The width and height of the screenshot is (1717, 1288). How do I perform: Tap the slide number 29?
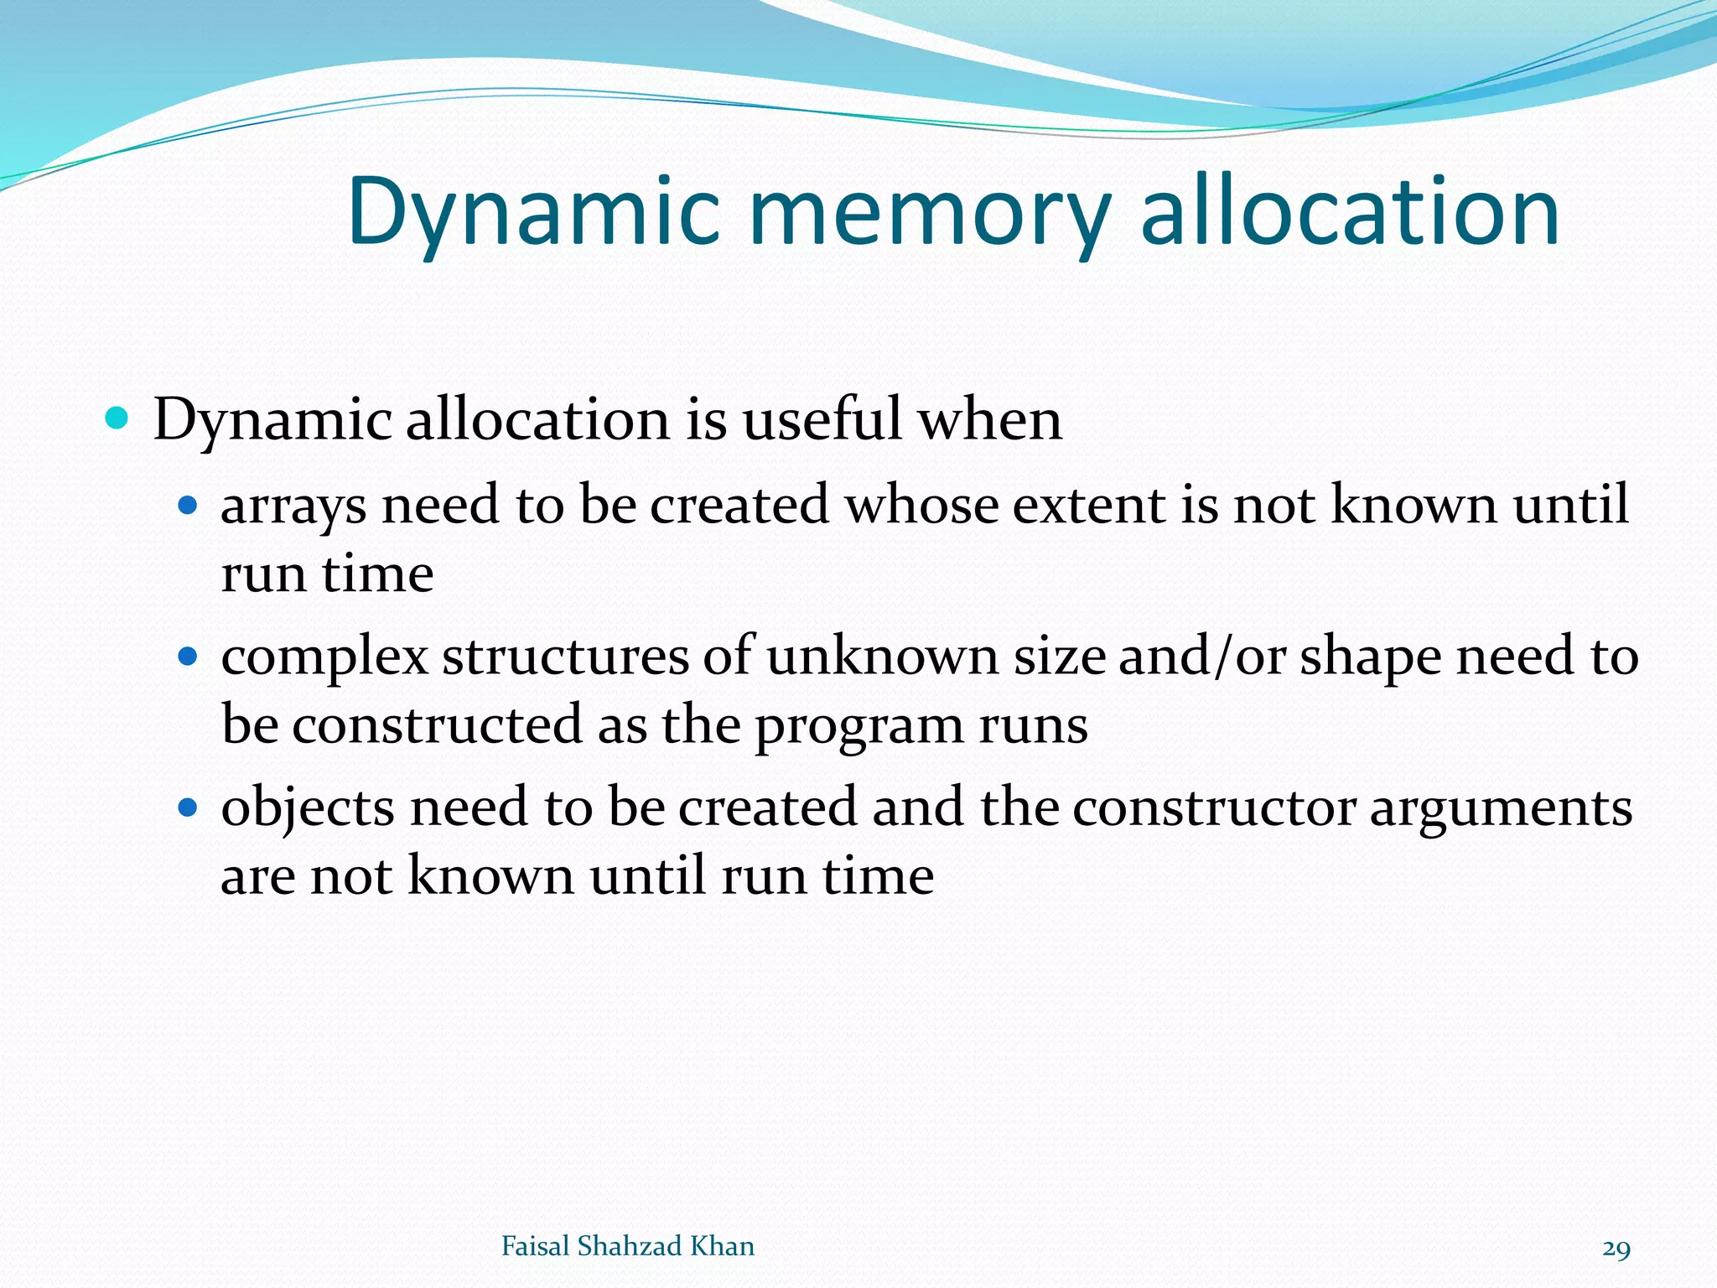coord(1616,1249)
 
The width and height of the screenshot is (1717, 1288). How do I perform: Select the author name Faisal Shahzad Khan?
coord(627,1246)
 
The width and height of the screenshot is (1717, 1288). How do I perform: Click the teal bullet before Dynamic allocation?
coord(117,418)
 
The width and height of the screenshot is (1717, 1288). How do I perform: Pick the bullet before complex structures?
coord(188,657)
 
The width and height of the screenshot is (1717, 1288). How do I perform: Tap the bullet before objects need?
coord(188,808)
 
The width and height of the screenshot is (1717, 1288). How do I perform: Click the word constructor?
coord(1214,808)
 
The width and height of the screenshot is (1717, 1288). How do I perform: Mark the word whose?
coord(921,506)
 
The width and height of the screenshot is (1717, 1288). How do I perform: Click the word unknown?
coord(882,657)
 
